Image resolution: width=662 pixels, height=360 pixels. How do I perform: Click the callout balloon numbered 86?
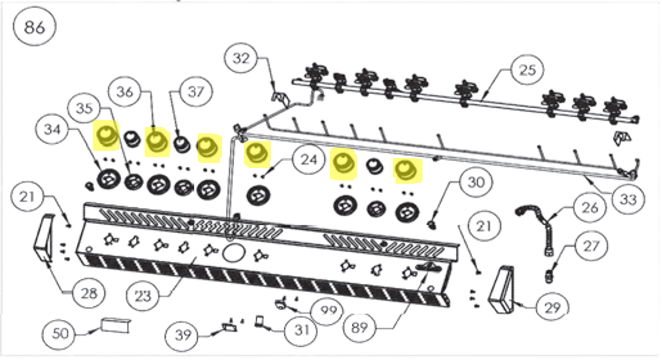point(34,26)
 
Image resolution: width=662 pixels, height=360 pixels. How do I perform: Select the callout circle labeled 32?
point(241,58)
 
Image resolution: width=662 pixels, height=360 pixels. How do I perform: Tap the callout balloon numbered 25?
point(527,70)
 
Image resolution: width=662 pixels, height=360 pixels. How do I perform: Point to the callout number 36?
point(124,92)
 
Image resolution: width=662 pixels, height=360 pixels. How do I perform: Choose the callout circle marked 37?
point(196,91)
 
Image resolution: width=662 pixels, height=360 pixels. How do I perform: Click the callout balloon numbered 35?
point(84,108)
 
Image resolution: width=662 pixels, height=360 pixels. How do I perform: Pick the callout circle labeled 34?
point(52,130)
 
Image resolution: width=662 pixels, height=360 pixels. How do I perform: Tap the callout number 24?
point(309,160)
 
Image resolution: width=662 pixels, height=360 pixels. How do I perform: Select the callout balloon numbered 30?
point(476,182)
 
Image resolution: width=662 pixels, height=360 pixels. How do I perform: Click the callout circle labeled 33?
point(628,199)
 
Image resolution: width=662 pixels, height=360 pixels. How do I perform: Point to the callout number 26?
point(590,207)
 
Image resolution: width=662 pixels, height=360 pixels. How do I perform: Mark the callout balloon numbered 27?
point(591,246)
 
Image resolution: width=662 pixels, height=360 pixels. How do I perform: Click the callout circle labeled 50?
point(60,333)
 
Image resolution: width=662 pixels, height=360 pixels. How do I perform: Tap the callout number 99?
point(328,310)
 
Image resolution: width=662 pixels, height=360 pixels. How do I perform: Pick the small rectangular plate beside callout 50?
point(116,325)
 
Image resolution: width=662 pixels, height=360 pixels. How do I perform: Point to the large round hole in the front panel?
point(234,253)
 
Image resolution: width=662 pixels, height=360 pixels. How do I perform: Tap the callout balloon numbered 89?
point(359,327)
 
